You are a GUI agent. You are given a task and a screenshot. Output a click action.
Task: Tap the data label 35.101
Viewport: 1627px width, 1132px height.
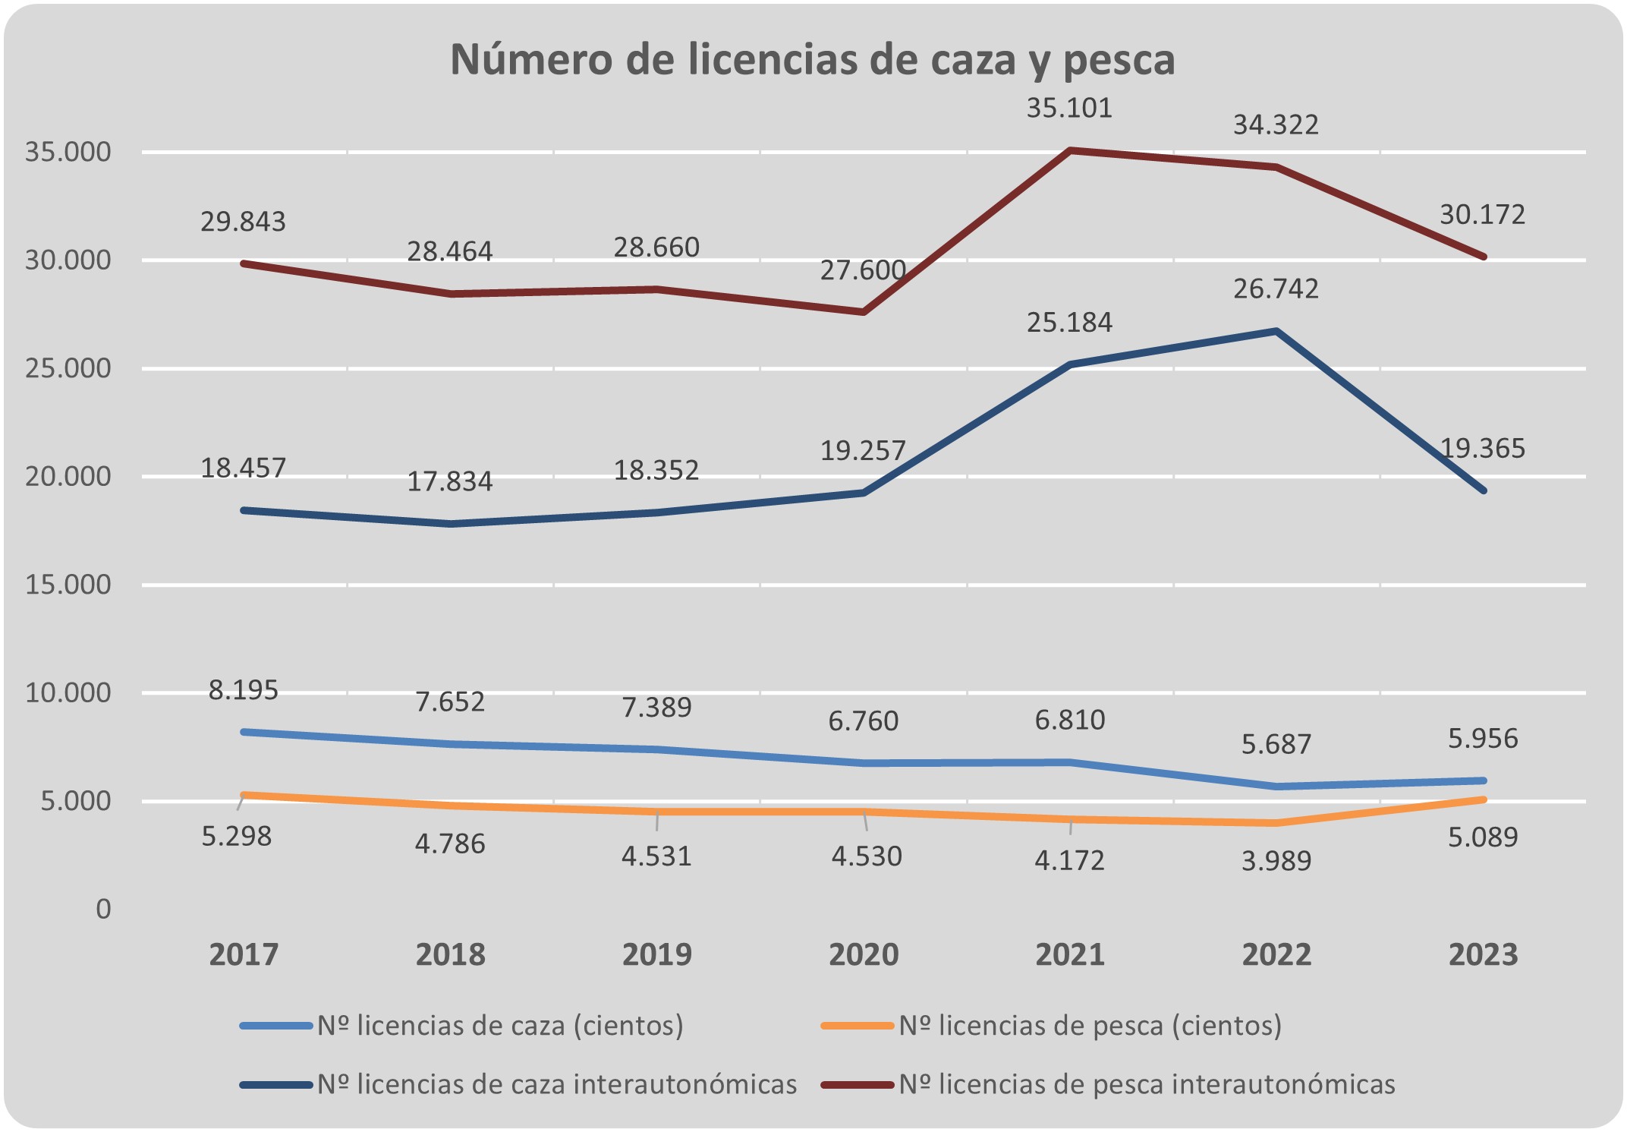tap(1069, 109)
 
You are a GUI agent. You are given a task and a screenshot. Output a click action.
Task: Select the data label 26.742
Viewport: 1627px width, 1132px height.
tap(1276, 289)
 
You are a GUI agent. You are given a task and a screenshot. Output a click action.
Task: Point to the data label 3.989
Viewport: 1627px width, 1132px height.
tap(1276, 861)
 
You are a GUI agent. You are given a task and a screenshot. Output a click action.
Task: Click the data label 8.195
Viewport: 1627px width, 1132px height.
tap(243, 690)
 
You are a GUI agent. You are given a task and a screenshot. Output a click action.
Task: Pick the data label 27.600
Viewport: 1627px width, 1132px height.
tap(863, 270)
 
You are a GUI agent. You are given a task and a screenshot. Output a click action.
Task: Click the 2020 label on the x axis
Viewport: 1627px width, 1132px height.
tap(863, 954)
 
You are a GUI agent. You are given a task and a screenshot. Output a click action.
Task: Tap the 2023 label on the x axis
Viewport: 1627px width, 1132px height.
tap(1483, 954)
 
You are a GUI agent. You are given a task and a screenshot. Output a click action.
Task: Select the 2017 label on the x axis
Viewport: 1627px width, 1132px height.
tap(243, 954)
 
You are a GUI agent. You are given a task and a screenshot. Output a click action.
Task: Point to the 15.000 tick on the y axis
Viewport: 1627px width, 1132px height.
tap(68, 585)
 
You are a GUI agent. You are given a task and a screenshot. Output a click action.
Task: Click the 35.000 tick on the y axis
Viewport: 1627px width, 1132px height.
tap(68, 152)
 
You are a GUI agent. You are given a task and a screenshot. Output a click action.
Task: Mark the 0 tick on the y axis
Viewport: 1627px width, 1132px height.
tap(103, 909)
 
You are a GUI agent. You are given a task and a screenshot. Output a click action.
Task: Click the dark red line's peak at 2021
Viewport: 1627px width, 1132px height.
tap(1069, 150)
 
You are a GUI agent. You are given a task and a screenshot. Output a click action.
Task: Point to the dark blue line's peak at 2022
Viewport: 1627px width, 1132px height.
tap(1276, 331)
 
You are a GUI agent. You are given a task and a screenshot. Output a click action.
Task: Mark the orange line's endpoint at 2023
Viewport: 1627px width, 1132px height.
tap(1483, 799)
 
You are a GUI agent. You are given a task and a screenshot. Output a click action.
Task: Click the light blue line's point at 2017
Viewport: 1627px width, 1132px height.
tap(243, 732)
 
